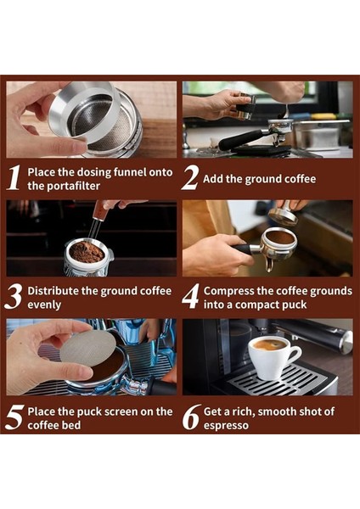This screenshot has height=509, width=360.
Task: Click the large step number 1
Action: click(x=14, y=177)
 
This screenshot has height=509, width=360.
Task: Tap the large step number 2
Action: click(x=190, y=177)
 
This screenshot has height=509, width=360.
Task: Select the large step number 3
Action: click(x=14, y=296)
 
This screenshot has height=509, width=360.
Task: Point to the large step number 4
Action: click(x=190, y=296)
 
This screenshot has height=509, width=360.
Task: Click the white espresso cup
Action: click(x=273, y=355)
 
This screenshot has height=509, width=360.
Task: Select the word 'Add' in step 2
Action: click(x=215, y=179)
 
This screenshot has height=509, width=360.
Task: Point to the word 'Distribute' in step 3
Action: click(x=55, y=290)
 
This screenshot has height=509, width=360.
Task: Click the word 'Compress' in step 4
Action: click(x=230, y=290)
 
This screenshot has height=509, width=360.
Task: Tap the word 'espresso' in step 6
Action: click(x=226, y=425)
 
